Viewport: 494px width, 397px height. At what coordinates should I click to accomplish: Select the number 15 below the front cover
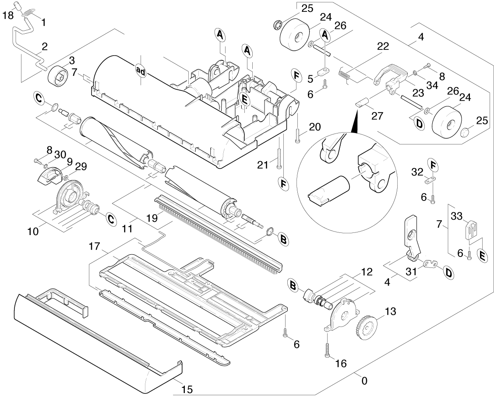click(x=187, y=389)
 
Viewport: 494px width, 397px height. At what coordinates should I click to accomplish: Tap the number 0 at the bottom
click(x=364, y=381)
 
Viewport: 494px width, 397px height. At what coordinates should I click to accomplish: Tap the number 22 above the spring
click(x=383, y=47)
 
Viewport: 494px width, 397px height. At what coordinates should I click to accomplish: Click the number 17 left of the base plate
click(x=95, y=246)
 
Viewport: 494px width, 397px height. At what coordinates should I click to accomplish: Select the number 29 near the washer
click(x=81, y=166)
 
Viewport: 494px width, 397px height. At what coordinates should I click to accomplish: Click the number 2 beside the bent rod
click(x=45, y=46)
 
